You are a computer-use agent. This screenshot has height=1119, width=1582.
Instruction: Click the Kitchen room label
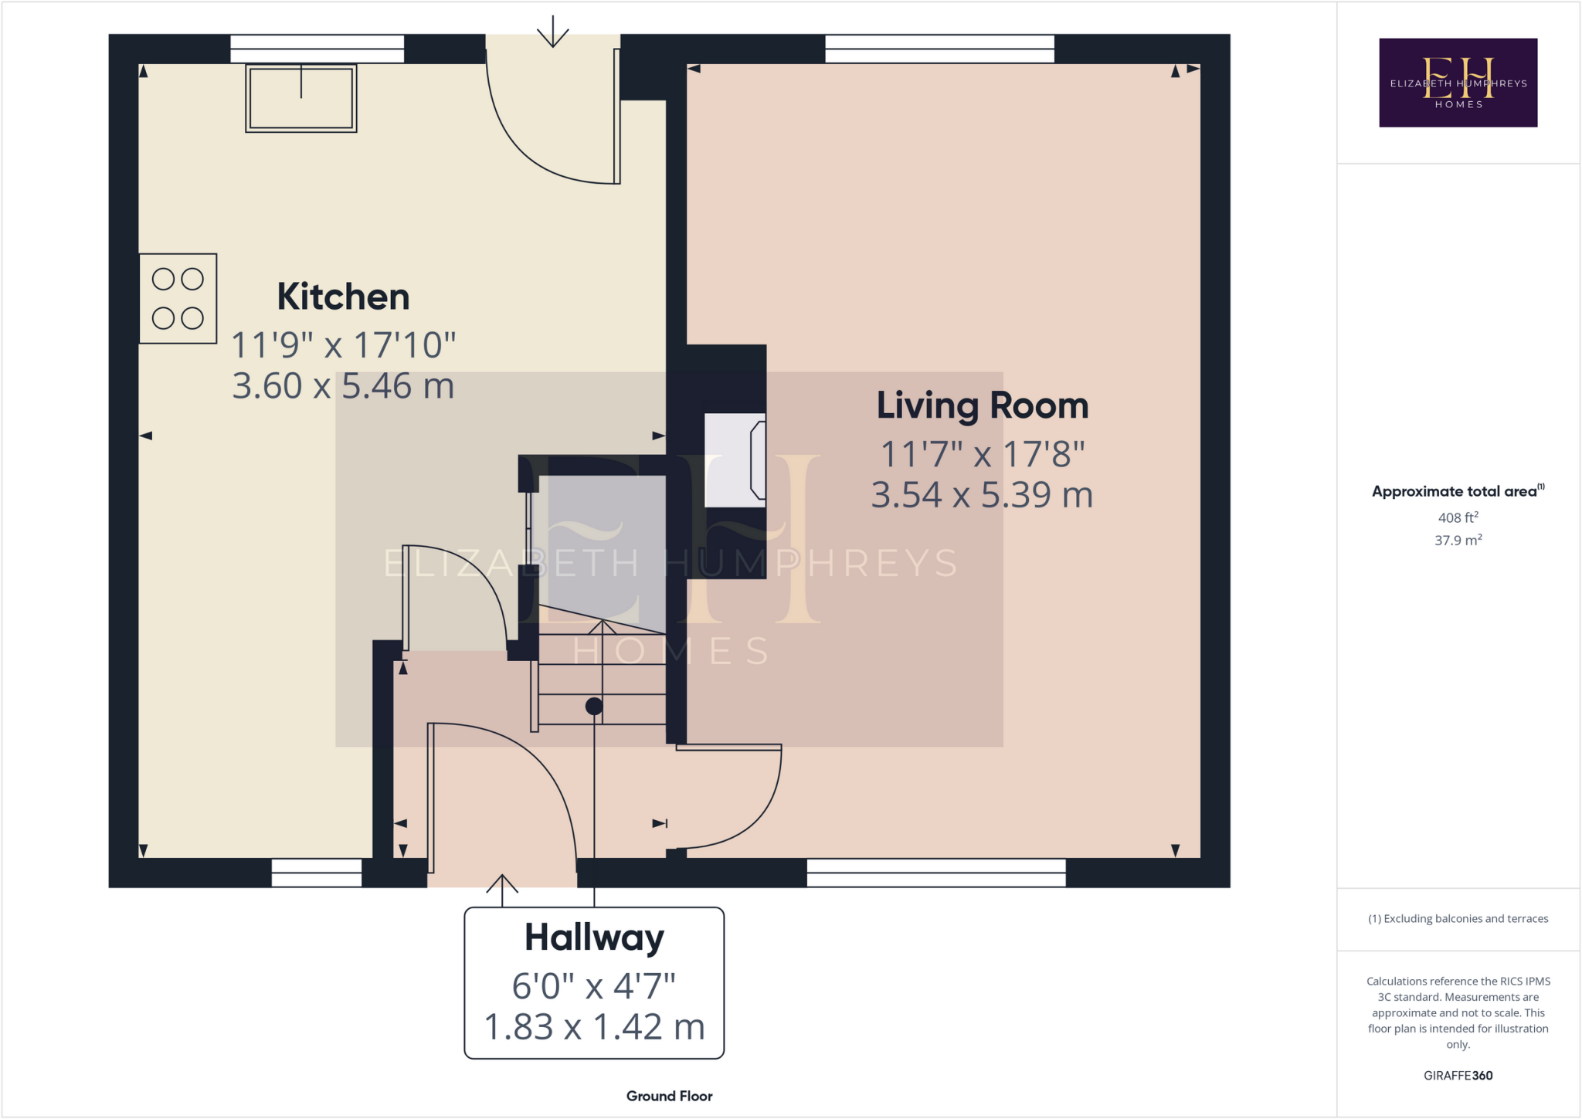pyautogui.click(x=343, y=297)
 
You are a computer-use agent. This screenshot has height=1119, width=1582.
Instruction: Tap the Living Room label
pyautogui.click(x=982, y=406)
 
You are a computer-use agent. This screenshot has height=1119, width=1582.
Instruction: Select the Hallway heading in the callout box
pyautogui.click(x=594, y=938)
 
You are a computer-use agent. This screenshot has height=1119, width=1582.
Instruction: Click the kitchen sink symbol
pyautogui.click(x=301, y=98)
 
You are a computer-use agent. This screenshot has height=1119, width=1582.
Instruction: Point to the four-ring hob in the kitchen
pyautogui.click(x=178, y=298)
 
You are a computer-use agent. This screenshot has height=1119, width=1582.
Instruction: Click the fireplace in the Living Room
pyautogui.click(x=735, y=460)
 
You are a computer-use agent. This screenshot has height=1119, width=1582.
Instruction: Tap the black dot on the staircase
pyautogui.click(x=594, y=706)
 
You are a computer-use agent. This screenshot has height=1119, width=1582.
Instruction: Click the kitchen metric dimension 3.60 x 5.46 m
pyautogui.click(x=343, y=386)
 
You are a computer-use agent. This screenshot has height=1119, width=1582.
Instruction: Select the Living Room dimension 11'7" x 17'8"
pyautogui.click(x=982, y=454)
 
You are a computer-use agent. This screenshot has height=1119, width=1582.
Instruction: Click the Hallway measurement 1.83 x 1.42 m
pyautogui.click(x=594, y=1027)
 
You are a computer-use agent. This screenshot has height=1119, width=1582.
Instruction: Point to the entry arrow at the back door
pyautogui.click(x=552, y=32)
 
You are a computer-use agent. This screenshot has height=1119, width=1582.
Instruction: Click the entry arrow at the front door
pyautogui.click(x=502, y=890)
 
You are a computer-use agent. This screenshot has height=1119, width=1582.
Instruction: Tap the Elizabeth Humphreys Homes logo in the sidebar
pyautogui.click(x=1458, y=83)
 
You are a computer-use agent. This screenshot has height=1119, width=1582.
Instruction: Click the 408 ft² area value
pyautogui.click(x=1458, y=518)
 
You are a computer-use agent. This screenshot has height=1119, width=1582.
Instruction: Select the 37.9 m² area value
pyautogui.click(x=1458, y=541)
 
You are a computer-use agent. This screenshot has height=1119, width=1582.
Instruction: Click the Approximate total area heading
pyautogui.click(x=1457, y=491)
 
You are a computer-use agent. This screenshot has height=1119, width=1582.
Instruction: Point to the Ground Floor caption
pyautogui.click(x=669, y=1096)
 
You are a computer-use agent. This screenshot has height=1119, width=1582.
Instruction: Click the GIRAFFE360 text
pyautogui.click(x=1458, y=1076)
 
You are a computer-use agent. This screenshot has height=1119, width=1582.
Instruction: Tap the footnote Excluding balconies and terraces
pyautogui.click(x=1458, y=919)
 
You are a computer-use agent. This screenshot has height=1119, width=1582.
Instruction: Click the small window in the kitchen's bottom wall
pyautogui.click(x=317, y=873)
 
